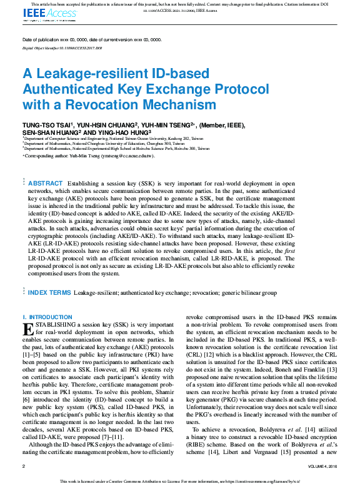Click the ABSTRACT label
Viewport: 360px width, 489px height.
pyautogui.click(x=45, y=183)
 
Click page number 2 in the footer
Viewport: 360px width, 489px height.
pyautogui.click(x=24, y=467)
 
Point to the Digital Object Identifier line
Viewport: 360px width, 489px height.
pyautogui.click(x=62, y=47)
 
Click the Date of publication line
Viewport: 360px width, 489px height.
pyautogui.click(x=91, y=39)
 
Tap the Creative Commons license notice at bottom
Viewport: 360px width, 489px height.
pyautogui.click(x=180, y=482)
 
